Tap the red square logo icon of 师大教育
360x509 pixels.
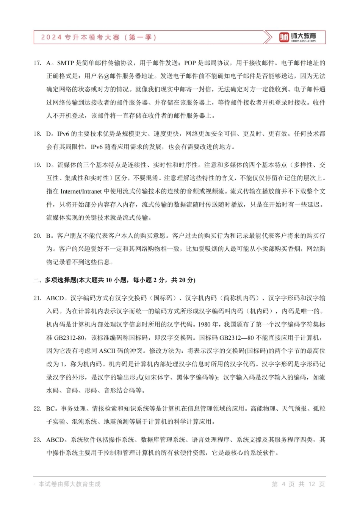tap(284, 37)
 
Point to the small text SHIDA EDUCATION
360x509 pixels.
tap(303, 41)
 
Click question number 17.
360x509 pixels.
tap(37, 63)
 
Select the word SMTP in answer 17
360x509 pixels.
tap(65, 63)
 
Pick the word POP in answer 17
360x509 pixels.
tap(190, 63)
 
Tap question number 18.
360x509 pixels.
tap(37, 134)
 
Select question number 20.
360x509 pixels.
tap(37, 236)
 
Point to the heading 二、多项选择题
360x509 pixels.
tap(55, 280)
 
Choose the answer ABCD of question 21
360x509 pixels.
tap(55, 298)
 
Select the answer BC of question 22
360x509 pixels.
tap(51, 409)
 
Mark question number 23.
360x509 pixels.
tap(37, 440)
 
